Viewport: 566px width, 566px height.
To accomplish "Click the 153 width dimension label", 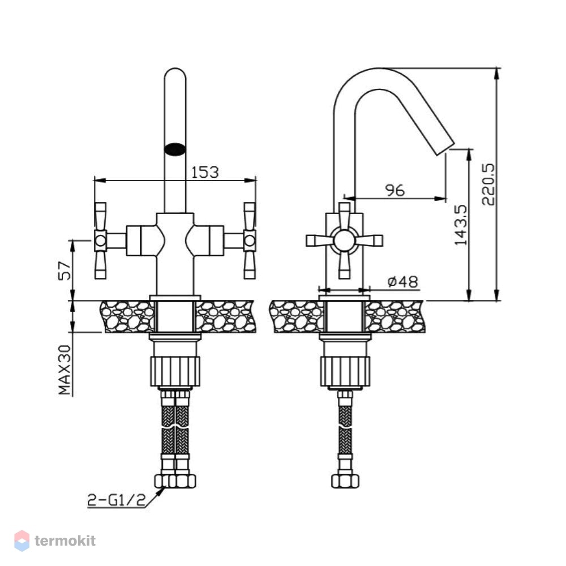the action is pos(205,172).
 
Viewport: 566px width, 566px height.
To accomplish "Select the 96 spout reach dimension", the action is pos(395,190).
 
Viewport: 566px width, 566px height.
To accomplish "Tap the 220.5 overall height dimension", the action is pos(488,185).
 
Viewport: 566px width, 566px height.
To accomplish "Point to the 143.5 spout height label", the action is pos(461,225).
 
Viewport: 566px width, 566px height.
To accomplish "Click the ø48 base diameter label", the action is pos(402,281).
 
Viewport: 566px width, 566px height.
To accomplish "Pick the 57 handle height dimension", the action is pos(65,271).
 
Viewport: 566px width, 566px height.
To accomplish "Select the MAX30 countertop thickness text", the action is pos(65,370).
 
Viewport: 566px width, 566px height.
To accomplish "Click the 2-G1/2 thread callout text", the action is pos(116,500).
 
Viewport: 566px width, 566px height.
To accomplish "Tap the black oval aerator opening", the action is pos(175,149).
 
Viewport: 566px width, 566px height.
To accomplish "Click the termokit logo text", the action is pos(65,541).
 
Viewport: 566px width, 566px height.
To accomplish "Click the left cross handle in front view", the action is pos(100,241).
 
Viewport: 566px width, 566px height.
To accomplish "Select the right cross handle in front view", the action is pos(250,241).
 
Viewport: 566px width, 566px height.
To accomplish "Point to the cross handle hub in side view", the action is pos(344,241).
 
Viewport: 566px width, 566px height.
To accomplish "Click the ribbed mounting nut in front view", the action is pos(175,371).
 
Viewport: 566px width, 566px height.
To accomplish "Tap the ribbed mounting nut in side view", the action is pos(345,371).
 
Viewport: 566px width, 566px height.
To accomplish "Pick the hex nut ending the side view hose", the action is pos(345,481).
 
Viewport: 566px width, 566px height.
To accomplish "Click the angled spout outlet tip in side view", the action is pos(445,149).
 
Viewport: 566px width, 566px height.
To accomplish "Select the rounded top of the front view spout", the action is pos(175,73).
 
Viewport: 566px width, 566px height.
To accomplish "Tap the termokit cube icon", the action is pos(22,541).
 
